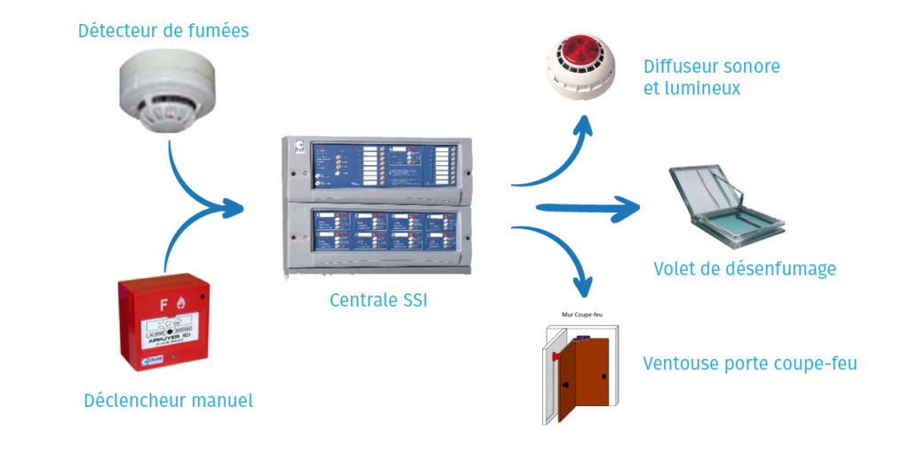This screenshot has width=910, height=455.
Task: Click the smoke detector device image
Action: point(168,89)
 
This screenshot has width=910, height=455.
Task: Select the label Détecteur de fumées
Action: point(164,31)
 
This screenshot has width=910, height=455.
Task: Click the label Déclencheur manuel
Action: point(168,401)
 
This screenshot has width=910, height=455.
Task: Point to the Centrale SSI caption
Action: point(379,300)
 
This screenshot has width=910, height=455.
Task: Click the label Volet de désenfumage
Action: point(744,268)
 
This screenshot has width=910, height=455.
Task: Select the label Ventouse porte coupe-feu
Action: point(749,364)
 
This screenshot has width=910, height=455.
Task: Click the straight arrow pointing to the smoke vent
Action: point(587,209)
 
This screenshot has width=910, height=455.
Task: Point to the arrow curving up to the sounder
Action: point(560,160)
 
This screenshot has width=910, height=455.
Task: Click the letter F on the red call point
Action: point(163,305)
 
